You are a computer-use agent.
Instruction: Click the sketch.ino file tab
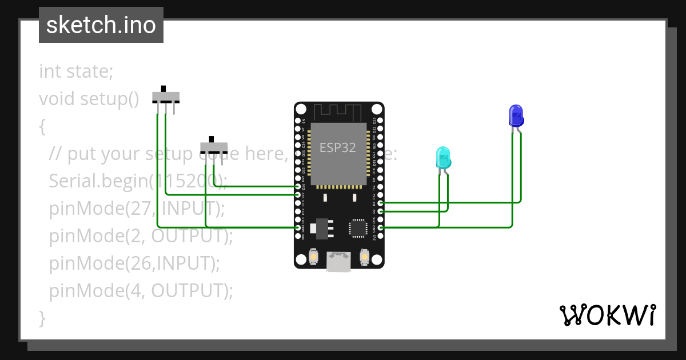[101, 25]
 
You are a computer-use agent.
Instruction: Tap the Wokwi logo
[607, 315]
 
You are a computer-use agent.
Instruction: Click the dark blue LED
[516, 115]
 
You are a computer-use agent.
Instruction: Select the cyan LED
[443, 158]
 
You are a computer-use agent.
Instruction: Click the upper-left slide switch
[166, 96]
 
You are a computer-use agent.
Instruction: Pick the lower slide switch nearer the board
[213, 146]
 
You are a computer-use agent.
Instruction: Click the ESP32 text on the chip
[337, 147]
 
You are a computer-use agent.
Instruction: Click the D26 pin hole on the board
[298, 187]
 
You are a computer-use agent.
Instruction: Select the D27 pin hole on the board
[298, 195]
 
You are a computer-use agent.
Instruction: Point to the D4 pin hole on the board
[381, 203]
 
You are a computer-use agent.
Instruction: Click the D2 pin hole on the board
[381, 211]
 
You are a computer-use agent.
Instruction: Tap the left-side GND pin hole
[298, 227]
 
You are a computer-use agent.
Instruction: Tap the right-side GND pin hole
[381, 227]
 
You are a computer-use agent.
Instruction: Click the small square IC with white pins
[358, 227]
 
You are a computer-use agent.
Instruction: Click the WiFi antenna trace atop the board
[339, 112]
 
